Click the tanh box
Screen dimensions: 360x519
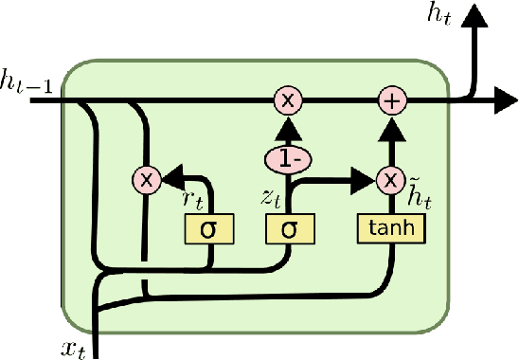coord(391,227)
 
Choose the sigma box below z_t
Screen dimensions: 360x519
coord(288,228)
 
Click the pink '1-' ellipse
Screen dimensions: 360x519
coord(288,158)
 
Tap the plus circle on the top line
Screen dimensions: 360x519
coord(391,99)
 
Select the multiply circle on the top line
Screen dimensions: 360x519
coord(288,99)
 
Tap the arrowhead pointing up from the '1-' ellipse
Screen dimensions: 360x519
coord(288,127)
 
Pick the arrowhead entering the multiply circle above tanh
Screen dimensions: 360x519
coord(364,177)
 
